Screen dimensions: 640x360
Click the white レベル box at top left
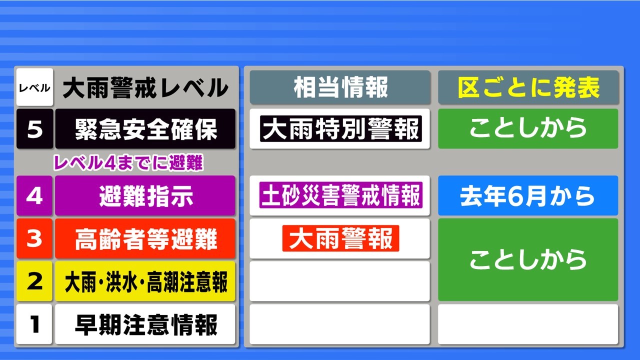[34, 87]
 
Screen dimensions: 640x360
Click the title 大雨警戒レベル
[145, 87]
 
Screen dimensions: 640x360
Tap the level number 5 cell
[34, 128]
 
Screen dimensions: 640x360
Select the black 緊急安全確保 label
[145, 128]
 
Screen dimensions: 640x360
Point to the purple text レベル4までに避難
[128, 162]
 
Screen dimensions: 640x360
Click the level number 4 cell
[34, 195]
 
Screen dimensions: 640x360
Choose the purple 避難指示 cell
[145, 195]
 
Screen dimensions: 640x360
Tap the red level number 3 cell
[34, 238]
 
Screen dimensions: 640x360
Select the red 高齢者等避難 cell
[145, 238]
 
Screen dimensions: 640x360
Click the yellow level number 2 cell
[34, 281]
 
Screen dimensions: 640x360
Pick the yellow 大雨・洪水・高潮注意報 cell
[145, 281]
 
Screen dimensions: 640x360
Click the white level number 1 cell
[34, 324]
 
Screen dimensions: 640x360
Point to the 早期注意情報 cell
[145, 324]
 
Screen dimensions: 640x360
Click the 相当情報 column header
[340, 87]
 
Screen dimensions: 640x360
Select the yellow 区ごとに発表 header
[528, 87]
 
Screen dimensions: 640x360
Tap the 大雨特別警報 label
[341, 129]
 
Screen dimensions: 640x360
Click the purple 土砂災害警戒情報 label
[341, 195]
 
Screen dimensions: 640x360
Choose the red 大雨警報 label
[340, 238]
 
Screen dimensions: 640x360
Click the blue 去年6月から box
[528, 195]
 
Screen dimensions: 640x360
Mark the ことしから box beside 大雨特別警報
[528, 128]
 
